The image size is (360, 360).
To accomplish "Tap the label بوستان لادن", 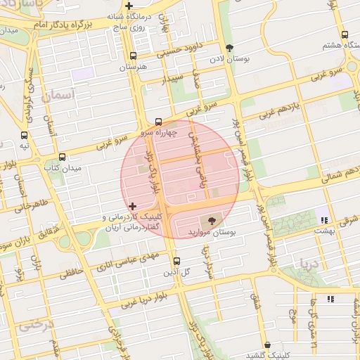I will click(230, 59).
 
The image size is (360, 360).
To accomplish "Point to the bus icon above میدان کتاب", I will click(63, 157).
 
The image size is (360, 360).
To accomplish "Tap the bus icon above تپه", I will click(25, 135).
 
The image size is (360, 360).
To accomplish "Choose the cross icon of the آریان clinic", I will click(132, 207).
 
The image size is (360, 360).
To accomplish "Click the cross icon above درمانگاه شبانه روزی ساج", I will click(128, 6).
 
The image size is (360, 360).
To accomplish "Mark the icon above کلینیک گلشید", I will click(268, 345).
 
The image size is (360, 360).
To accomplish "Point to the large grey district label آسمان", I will click(58, 94).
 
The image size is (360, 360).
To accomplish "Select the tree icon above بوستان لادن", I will click(229, 49).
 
